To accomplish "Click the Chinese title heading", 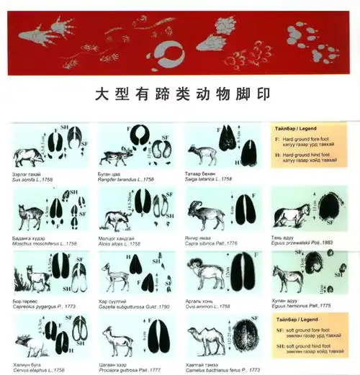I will tap(180, 95).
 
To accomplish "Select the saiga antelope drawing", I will tap(197, 155).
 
